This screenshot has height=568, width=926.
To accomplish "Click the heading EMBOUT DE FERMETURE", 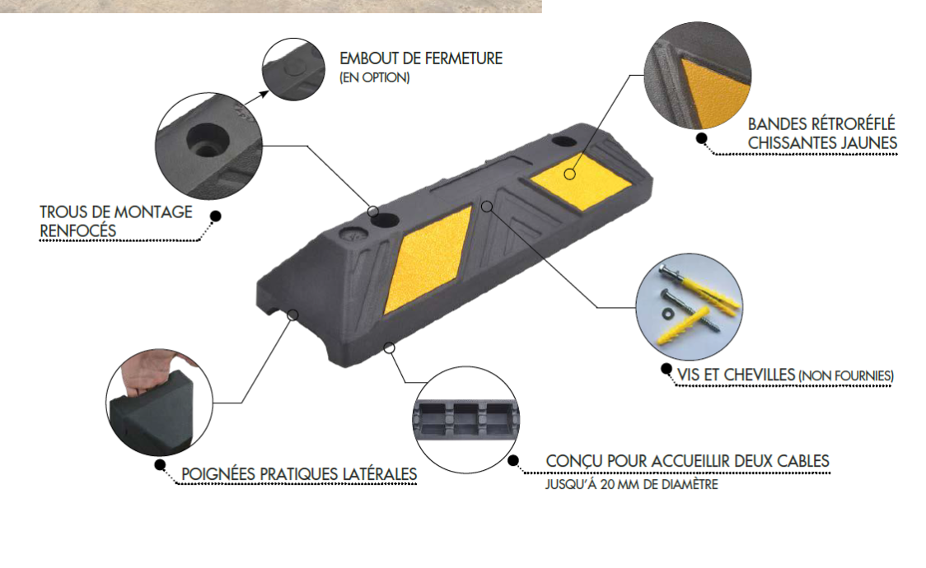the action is pyautogui.click(x=420, y=58).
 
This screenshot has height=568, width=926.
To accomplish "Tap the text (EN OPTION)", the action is pyautogui.click(x=374, y=77).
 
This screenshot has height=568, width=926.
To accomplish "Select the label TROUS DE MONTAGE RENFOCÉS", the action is pyautogui.click(x=115, y=221).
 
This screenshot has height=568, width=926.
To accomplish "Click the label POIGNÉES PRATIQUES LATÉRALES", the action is pyautogui.click(x=299, y=474).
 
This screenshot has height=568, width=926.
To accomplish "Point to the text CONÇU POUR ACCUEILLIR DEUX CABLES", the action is pyautogui.click(x=687, y=461).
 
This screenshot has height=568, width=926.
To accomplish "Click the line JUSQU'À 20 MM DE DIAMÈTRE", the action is pyautogui.click(x=631, y=485).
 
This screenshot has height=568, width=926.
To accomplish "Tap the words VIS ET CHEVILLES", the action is pyautogui.click(x=736, y=375).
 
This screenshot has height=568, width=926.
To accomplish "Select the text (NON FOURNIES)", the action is pyautogui.click(x=846, y=375).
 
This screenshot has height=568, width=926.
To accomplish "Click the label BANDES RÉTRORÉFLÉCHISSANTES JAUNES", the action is pyautogui.click(x=822, y=133).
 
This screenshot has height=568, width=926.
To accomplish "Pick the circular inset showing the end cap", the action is pyautogui.click(x=293, y=69).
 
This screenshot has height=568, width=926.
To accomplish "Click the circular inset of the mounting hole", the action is pyautogui.click(x=208, y=146).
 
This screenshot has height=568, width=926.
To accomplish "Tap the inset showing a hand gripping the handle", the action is pyautogui.click(x=160, y=402).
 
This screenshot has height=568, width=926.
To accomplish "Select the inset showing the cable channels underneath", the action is pyautogui.click(x=465, y=419).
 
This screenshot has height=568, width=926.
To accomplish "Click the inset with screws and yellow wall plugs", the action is pyautogui.click(x=690, y=307).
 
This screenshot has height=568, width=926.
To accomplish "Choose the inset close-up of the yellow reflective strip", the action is pyautogui.click(x=698, y=76).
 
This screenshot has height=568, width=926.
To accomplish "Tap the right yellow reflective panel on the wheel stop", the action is pyautogui.click(x=572, y=179).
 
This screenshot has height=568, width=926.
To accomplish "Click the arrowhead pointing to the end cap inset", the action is pyautogui.click(x=264, y=95).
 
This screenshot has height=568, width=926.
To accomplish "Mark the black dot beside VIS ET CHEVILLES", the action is pyautogui.click(x=666, y=370).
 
